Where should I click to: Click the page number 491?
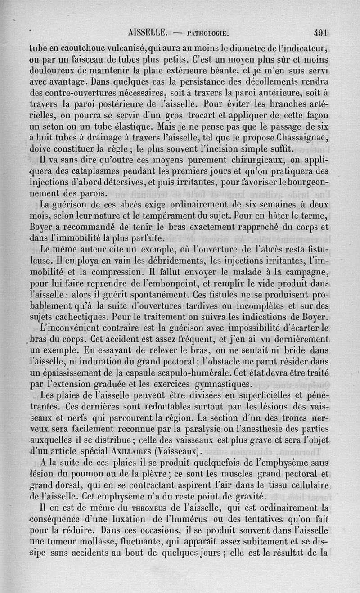(x=321, y=33)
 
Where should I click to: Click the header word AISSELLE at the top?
(x=148, y=33)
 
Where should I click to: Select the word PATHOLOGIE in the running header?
(x=208, y=33)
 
